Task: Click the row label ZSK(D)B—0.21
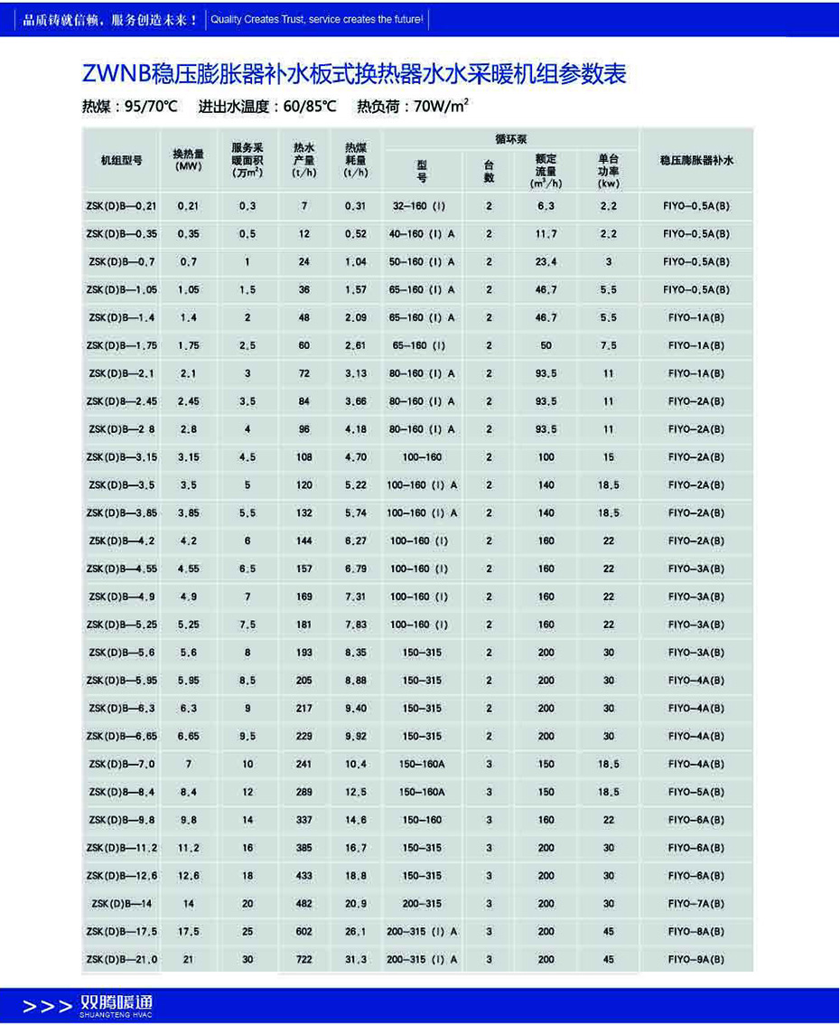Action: [x=121, y=206]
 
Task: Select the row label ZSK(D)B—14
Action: [x=121, y=904]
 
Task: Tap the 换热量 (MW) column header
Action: [x=188, y=159]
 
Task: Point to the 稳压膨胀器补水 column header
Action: [x=696, y=160]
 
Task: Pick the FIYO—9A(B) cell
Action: [x=696, y=960]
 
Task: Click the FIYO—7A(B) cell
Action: [x=696, y=904]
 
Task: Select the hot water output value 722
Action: [x=303, y=960]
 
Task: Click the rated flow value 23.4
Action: [x=546, y=262]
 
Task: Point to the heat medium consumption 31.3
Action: [x=355, y=960]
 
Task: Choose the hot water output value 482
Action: [x=303, y=904]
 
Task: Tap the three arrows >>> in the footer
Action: [x=47, y=1006]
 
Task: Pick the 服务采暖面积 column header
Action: [x=247, y=159]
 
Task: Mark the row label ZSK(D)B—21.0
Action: [x=121, y=960]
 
